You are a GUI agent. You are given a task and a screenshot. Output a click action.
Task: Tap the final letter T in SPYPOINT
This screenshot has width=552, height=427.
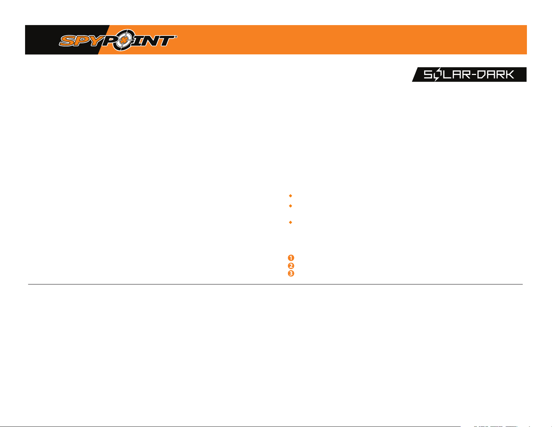coord(168,41)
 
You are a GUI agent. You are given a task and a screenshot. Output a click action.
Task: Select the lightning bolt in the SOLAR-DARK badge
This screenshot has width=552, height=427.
coord(437,75)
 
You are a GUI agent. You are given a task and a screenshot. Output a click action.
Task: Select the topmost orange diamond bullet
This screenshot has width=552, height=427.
coord(290,196)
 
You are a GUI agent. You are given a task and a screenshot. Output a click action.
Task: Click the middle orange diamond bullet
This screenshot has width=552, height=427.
coord(290,206)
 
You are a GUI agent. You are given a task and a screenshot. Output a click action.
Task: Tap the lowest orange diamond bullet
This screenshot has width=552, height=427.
coord(290,222)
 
